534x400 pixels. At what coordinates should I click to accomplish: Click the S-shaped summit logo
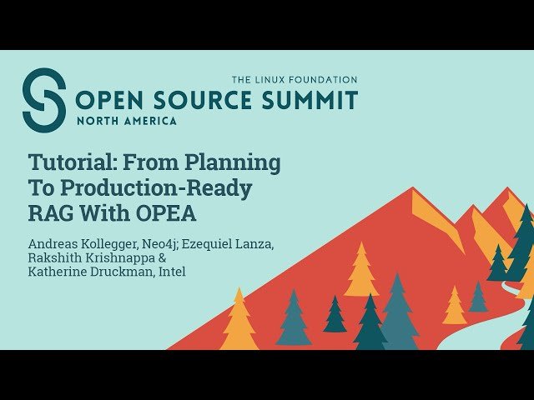[43, 100]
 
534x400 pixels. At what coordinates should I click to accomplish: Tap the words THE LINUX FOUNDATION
[294, 80]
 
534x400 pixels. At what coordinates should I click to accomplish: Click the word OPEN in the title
[109, 102]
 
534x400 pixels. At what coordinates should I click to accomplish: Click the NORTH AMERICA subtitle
[126, 121]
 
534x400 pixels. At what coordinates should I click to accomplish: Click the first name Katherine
[57, 272]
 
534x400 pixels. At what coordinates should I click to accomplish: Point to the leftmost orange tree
[239, 321]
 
